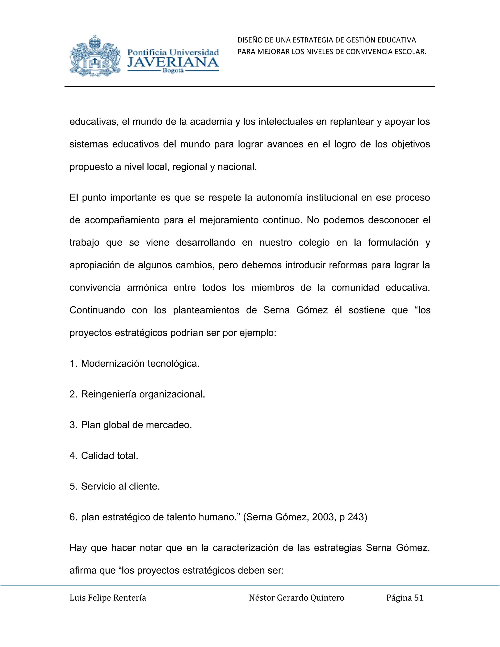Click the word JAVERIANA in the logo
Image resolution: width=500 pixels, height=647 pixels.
[173, 63]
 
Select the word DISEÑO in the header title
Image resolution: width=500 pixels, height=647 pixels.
[249, 40]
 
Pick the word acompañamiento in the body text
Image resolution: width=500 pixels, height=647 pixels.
[122, 220]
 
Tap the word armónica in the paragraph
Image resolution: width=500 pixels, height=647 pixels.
[147, 288]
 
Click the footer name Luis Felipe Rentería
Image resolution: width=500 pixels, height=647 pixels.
[108, 598]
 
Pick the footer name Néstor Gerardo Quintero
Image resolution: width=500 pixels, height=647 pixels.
[296, 598]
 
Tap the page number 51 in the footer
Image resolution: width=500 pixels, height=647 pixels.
[419, 598]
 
